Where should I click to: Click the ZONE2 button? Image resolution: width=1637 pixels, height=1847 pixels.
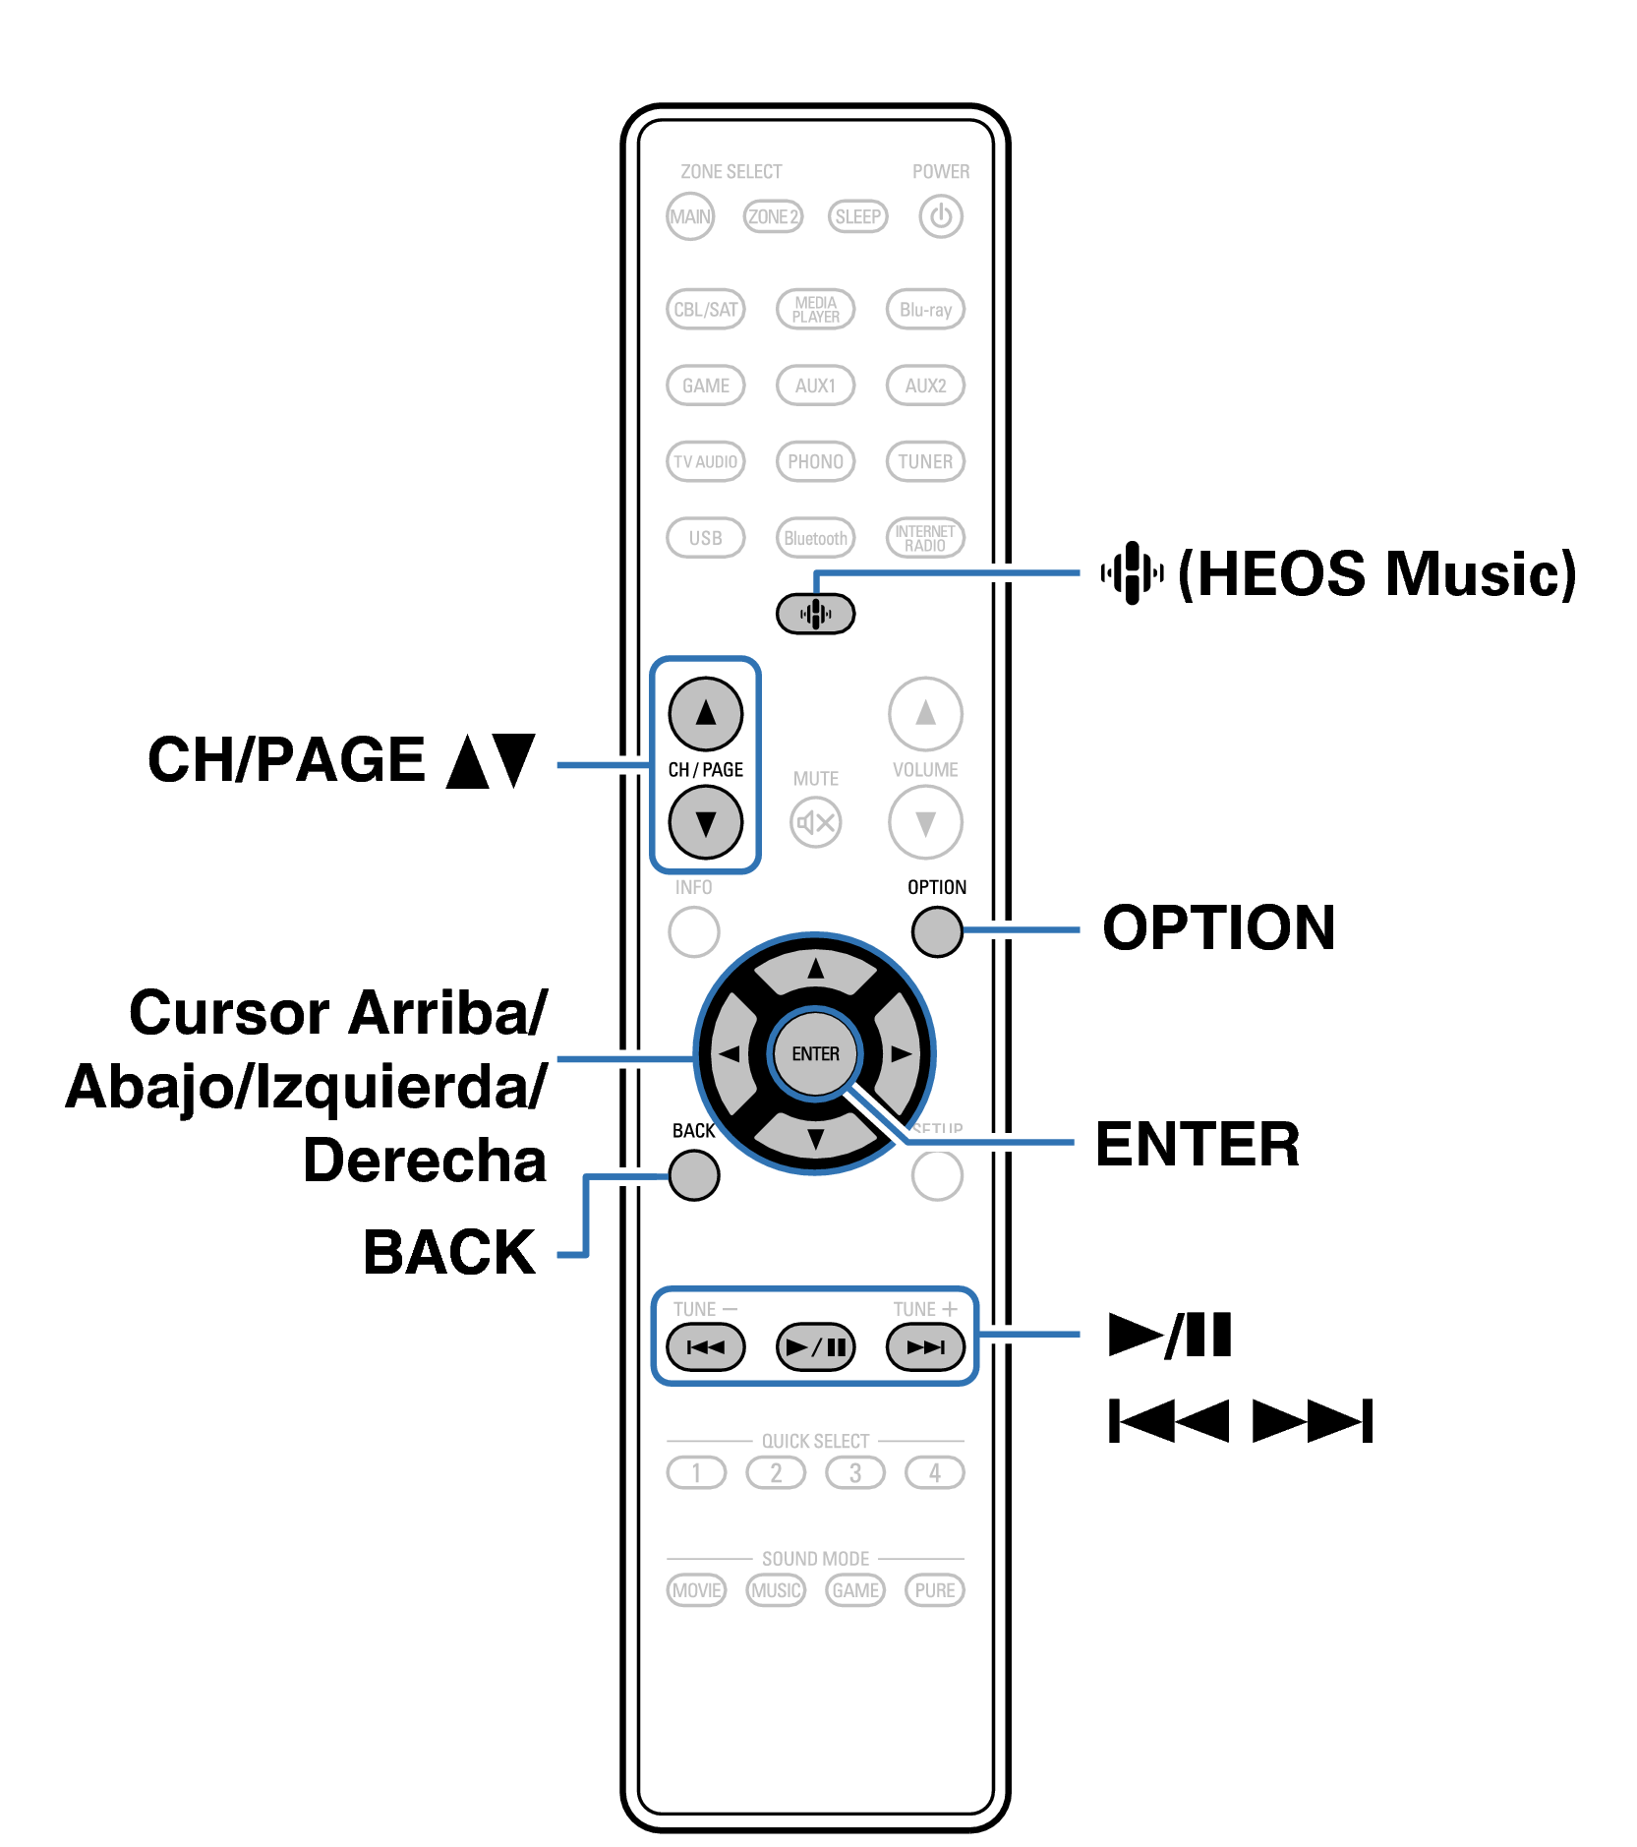(773, 216)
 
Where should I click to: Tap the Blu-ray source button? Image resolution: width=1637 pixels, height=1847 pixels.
(925, 310)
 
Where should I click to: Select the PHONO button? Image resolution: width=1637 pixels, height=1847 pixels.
(815, 461)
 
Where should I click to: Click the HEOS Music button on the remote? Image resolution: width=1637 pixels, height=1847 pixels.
(815, 615)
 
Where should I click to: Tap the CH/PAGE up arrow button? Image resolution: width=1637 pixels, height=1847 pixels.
(705, 714)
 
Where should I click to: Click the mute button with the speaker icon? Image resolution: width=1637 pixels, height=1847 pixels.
(815, 822)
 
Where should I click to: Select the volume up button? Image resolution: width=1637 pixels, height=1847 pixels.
(925, 714)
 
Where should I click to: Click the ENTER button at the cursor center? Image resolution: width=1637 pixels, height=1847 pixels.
(815, 1054)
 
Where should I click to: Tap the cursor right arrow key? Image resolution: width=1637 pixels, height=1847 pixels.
(900, 1054)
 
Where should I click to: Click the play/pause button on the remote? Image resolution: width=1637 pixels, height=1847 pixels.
(815, 1346)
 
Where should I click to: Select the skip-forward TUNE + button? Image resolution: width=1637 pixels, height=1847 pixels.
(925, 1346)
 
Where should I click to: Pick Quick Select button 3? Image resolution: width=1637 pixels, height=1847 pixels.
(855, 1472)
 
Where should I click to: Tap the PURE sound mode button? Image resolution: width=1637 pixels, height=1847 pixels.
(934, 1590)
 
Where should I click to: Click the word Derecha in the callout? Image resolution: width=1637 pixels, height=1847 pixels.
(425, 1161)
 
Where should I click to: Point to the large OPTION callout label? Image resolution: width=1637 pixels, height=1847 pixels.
(1219, 927)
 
